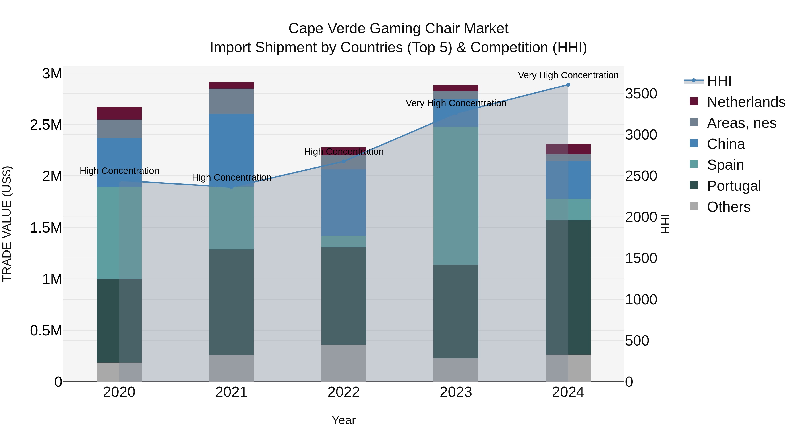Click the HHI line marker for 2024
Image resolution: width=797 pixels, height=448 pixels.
coord(568,85)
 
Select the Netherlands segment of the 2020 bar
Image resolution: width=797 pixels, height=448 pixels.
coord(119,113)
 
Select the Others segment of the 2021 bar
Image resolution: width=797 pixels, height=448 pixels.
coord(231,368)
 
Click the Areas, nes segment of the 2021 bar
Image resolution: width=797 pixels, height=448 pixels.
coord(231,101)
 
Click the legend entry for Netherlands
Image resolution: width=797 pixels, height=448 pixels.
coord(746,102)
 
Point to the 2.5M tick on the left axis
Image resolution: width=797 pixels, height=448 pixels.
coord(46,125)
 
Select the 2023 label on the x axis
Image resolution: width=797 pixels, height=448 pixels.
coord(456,392)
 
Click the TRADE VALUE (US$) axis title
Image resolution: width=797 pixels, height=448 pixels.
coord(7,224)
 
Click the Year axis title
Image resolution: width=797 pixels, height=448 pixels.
coord(343,420)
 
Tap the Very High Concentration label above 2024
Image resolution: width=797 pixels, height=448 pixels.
coord(568,75)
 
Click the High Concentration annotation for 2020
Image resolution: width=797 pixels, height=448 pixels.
coord(119,171)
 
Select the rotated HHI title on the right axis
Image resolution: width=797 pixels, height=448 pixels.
coord(665,224)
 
